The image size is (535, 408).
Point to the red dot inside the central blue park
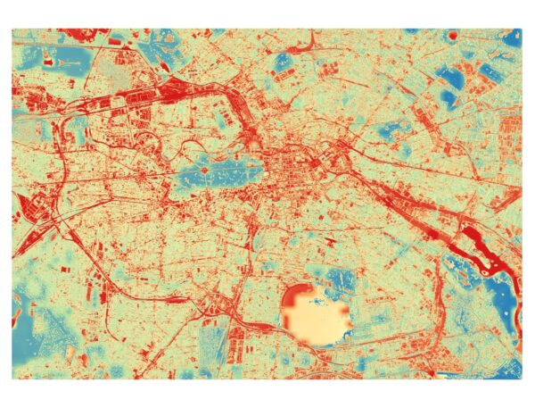click(203, 167)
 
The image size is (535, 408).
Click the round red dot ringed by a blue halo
click(451, 35)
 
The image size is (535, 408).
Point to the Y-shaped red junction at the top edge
click(314, 40)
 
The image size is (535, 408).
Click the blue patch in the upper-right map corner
click(512, 37)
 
